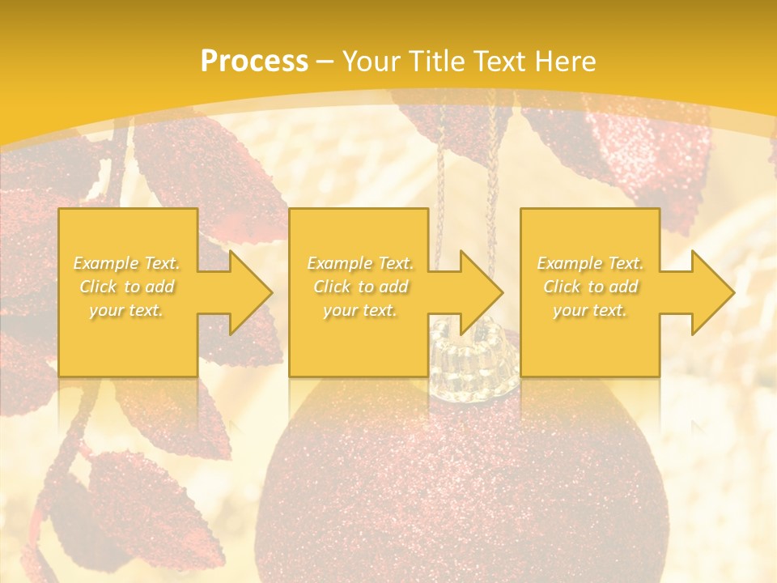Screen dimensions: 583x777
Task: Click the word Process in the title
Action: click(x=254, y=62)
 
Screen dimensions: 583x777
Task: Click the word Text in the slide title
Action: click(x=501, y=62)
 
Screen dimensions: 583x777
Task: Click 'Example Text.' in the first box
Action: click(x=127, y=263)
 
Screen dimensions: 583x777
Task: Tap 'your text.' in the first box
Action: click(x=126, y=310)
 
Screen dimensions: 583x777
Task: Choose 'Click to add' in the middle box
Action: click(x=360, y=287)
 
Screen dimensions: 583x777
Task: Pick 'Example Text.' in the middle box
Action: click(x=360, y=263)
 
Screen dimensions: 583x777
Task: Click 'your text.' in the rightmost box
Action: click(x=590, y=310)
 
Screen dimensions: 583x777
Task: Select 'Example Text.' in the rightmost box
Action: click(x=590, y=263)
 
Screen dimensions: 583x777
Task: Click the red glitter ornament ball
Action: click(x=461, y=486)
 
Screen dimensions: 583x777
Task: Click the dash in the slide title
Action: click(x=325, y=62)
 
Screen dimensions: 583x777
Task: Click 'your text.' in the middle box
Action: click(x=360, y=310)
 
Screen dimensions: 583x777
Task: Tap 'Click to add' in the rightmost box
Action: click(x=590, y=287)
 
